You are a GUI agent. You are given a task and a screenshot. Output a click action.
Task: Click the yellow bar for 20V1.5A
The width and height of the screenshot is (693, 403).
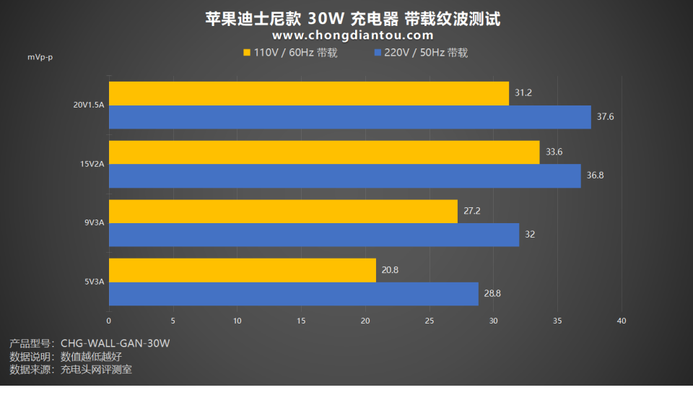tap(309, 93)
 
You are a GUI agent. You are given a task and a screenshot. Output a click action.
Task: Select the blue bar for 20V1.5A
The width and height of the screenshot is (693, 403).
tap(349, 117)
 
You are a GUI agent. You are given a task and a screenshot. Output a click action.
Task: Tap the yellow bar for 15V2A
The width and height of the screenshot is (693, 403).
tap(324, 152)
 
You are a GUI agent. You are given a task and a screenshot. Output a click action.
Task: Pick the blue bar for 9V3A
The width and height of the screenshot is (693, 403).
tap(314, 235)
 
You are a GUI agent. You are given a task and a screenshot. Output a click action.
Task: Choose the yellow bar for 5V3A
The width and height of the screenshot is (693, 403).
tap(243, 270)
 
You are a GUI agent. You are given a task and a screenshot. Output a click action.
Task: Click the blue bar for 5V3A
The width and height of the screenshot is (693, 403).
tap(294, 294)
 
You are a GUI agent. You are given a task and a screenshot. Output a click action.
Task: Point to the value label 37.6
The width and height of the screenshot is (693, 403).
tap(605, 117)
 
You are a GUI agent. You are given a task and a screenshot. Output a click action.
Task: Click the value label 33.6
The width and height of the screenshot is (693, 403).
tap(554, 152)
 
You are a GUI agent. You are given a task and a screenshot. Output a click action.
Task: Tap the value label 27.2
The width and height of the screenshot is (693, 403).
tap(472, 212)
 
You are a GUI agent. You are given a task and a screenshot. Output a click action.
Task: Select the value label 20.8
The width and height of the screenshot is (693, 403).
tap(390, 270)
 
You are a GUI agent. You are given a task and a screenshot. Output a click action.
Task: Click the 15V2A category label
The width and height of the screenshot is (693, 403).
tap(92, 164)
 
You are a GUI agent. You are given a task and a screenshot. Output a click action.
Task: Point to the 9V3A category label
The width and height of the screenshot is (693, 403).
tap(95, 223)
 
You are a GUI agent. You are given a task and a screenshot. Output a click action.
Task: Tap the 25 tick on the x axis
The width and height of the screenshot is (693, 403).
tap(430, 321)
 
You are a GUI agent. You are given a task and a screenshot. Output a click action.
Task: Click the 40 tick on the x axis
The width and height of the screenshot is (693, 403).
tap(622, 321)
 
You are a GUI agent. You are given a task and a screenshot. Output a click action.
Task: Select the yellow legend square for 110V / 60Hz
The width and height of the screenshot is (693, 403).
tap(247, 53)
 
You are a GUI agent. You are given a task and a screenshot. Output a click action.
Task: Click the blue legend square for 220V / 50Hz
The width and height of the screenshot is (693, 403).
tap(378, 53)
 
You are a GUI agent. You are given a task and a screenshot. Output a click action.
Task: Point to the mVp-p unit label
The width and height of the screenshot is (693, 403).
tap(40, 57)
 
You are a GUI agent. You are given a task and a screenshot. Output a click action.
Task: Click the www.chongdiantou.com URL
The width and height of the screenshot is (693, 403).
tap(353, 35)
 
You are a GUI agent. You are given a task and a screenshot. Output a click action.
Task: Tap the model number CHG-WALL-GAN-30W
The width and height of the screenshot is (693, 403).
tap(115, 343)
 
